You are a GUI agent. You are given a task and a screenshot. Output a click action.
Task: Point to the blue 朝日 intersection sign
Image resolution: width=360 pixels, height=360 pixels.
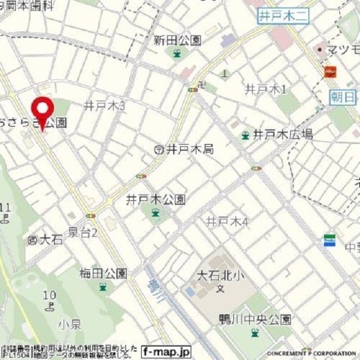pos(343,97)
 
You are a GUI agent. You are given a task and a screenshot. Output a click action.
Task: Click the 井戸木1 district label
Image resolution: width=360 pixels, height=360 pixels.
pos(266,89)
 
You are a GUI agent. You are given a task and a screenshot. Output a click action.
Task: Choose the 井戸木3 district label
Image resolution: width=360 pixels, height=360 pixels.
pos(104,106)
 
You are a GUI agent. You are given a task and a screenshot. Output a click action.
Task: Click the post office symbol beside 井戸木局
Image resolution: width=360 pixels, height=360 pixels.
pos(158,150)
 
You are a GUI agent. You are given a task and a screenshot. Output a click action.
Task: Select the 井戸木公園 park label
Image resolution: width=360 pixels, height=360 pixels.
pos(155,200)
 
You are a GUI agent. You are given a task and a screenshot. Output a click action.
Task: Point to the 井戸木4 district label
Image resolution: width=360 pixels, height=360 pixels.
pos(226,222)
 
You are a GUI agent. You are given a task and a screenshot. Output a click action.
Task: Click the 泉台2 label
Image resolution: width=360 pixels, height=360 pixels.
pos(82,233)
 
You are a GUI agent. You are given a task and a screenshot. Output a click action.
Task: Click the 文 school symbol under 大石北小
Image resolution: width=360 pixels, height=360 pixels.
pos(220,288)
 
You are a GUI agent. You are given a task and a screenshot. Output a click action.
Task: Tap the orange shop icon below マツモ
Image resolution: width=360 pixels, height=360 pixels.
pos(328,72)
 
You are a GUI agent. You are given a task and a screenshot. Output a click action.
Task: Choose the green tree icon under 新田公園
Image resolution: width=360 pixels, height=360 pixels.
pos(176,53)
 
